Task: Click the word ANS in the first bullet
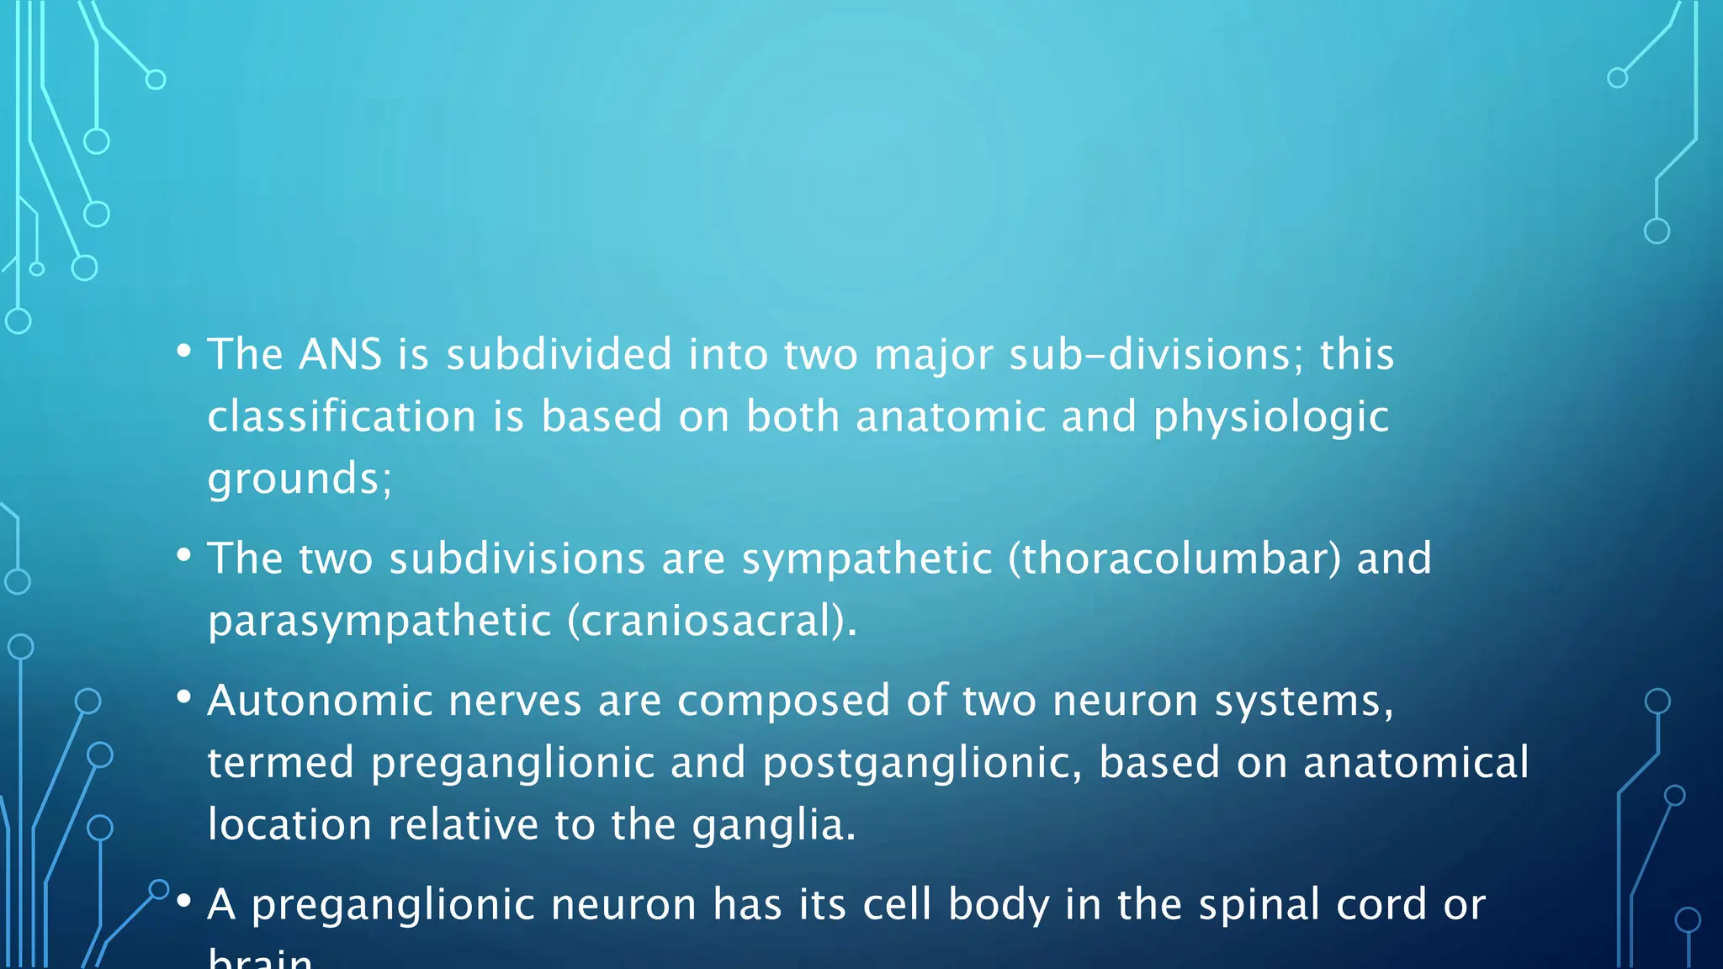341,354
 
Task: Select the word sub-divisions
1149,354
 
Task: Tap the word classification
342,416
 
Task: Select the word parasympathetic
379,622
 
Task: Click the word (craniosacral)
711,622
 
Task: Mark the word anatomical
1416,763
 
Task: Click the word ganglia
771,825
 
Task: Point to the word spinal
1259,905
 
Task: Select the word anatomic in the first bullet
950,416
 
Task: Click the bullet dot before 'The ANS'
184,352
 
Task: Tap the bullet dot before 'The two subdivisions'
184,556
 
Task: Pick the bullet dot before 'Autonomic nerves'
184,698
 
